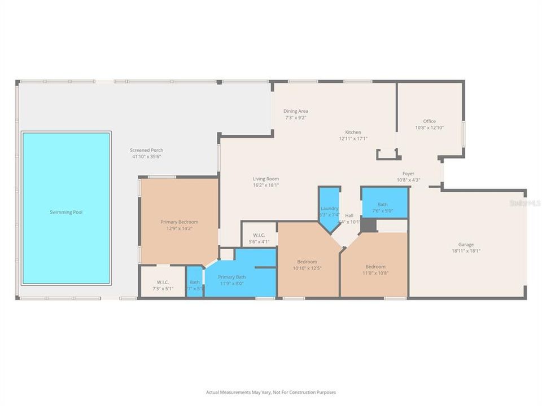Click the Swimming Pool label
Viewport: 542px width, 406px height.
click(65, 212)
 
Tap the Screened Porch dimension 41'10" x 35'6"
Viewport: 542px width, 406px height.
click(146, 157)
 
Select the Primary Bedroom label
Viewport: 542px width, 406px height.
click(179, 222)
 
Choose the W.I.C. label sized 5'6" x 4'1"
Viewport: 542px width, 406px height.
click(259, 235)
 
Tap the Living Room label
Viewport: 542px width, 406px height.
click(265, 179)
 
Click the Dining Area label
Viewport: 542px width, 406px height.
click(295, 111)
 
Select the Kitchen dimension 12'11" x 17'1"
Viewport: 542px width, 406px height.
click(353, 138)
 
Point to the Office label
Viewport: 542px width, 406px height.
click(429, 121)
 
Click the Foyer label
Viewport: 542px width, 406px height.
click(408, 174)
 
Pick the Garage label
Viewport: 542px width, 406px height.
click(466, 245)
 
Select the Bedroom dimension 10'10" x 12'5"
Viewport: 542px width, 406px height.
click(307, 268)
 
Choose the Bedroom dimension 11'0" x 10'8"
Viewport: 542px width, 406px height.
click(375, 273)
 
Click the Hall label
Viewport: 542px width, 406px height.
click(349, 215)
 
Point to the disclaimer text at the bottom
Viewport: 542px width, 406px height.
click(270, 392)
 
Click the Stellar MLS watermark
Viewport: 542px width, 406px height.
click(524, 202)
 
